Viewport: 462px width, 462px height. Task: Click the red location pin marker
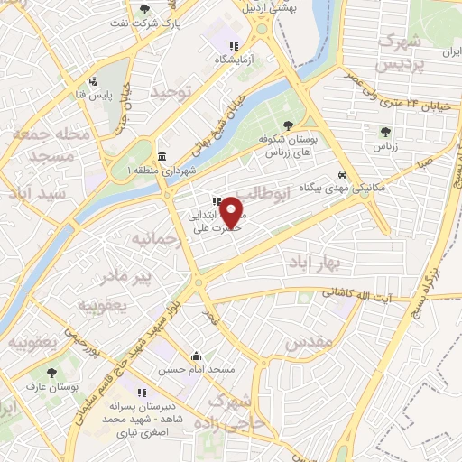tap(232, 213)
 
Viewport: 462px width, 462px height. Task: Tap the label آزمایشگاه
tap(235, 60)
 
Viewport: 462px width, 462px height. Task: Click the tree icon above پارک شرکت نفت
tap(144, 8)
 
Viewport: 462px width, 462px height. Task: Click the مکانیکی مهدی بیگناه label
tap(342, 188)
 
